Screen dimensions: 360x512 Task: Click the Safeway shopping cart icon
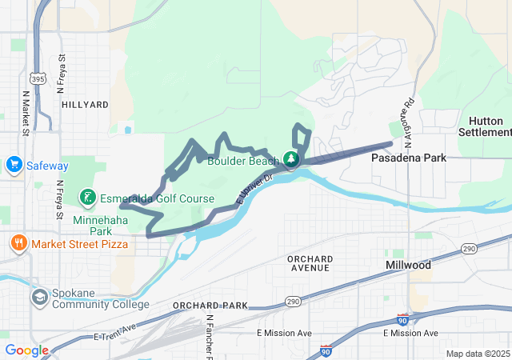pyautogui.click(x=14, y=166)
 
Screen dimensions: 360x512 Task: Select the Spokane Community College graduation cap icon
pyautogui.click(x=38, y=297)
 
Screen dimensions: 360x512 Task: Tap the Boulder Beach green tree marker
pyautogui.click(x=293, y=160)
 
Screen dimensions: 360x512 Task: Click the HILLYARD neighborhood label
pyautogui.click(x=84, y=105)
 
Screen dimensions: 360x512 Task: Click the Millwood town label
pyautogui.click(x=408, y=265)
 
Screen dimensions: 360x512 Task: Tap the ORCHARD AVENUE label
pyautogui.click(x=310, y=262)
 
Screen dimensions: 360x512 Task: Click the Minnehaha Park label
pyautogui.click(x=93, y=225)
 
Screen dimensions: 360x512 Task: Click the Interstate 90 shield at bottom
pyautogui.click(x=325, y=350)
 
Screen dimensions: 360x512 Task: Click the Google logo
pyautogui.click(x=26, y=350)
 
